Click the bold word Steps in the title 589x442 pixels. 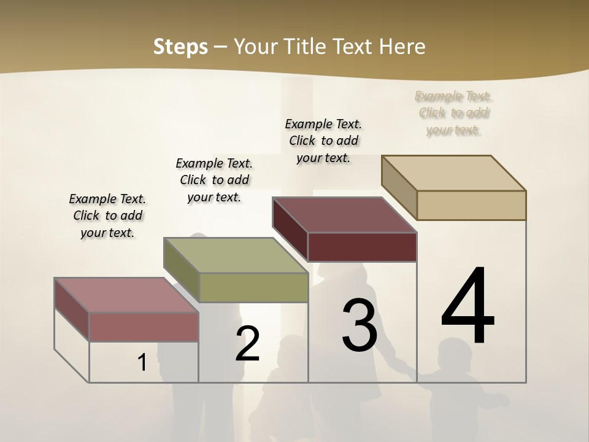point(180,47)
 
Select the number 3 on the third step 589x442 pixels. point(360,325)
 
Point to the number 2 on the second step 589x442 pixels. point(248,344)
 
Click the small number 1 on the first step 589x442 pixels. point(142,363)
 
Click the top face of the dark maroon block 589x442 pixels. point(345,215)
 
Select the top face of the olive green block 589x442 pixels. point(236,255)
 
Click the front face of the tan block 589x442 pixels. point(471,205)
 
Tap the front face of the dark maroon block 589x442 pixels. point(362,247)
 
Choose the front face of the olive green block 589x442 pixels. point(253,287)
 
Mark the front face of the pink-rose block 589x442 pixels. point(144,327)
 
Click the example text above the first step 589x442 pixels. point(107,215)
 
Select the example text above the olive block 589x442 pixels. point(214,180)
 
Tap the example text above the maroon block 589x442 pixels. point(323,141)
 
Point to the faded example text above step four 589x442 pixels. point(453,113)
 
